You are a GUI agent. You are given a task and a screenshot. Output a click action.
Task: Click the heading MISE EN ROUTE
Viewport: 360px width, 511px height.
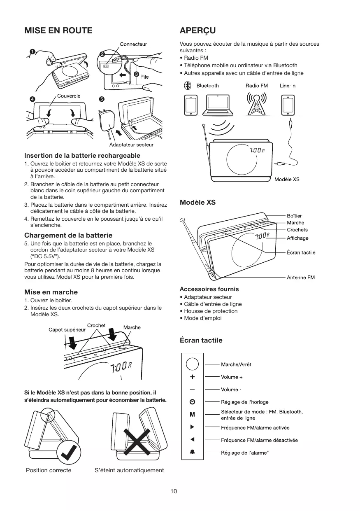pos(58,30)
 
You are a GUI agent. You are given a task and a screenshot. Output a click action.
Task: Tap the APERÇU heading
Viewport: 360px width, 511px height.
pos(197,30)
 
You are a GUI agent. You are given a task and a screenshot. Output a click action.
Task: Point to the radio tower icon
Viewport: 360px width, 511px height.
pos(256,105)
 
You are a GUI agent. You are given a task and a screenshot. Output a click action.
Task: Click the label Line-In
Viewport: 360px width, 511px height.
pos(288,86)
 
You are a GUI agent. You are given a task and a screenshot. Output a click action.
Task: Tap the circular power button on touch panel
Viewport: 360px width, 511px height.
pos(192,364)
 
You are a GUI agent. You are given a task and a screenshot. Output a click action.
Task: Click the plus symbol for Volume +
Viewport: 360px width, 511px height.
pos(192,377)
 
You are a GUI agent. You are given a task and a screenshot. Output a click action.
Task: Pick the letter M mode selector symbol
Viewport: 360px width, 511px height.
pos(192,414)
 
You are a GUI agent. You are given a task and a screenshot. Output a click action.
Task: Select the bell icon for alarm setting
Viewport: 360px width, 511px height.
pos(192,452)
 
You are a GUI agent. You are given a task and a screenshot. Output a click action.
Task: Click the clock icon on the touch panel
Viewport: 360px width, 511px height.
pos(192,402)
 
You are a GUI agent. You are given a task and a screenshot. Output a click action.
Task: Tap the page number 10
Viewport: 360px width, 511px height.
pos(174,491)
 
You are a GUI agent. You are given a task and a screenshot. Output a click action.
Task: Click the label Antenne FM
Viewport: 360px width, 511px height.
pos(300,278)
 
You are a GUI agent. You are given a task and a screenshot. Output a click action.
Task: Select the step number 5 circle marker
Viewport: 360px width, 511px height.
pos(102,99)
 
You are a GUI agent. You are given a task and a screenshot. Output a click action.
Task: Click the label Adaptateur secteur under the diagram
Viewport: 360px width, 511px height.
pos(131,145)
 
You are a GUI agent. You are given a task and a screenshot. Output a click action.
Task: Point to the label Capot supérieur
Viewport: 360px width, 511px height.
pos(67,329)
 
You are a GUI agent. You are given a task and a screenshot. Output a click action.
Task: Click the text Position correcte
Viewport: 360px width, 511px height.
pos(49,470)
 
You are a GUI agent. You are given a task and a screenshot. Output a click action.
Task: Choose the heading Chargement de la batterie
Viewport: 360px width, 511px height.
pos(68,235)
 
